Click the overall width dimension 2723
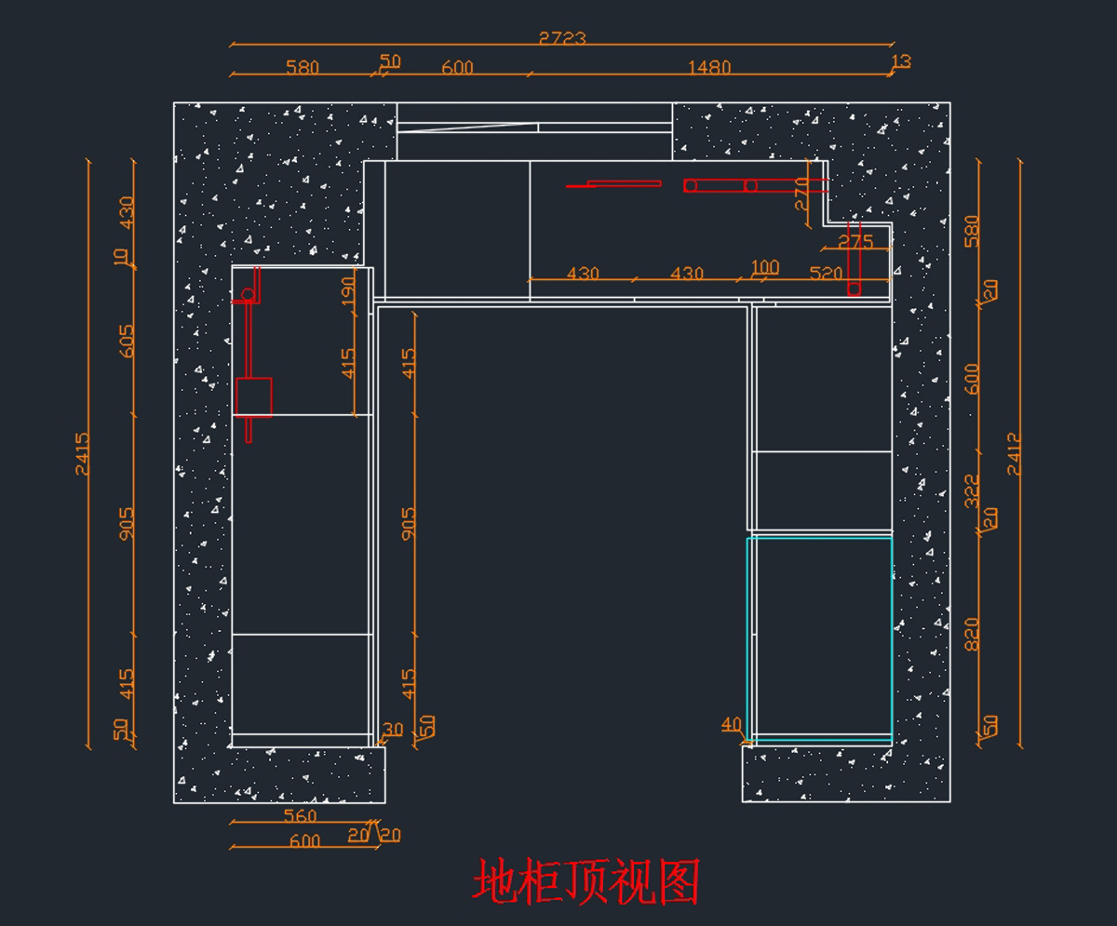[x=562, y=38]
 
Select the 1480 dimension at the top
[x=709, y=67]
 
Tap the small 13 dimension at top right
[x=901, y=62]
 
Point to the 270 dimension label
[x=801, y=195]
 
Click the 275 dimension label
[x=855, y=242]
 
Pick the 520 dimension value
[x=826, y=274]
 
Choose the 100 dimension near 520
[x=764, y=267]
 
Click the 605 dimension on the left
[x=127, y=341]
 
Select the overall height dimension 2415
[x=83, y=453]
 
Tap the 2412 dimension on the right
[x=1014, y=453]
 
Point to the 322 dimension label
[x=972, y=490]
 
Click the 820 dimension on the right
[x=972, y=634]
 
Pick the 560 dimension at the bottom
[x=300, y=816]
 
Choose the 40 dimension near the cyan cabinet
[x=732, y=724]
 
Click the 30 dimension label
[x=393, y=730]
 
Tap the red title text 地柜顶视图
[x=586, y=882]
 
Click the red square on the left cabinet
[x=253, y=396]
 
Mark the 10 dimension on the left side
[x=122, y=256]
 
